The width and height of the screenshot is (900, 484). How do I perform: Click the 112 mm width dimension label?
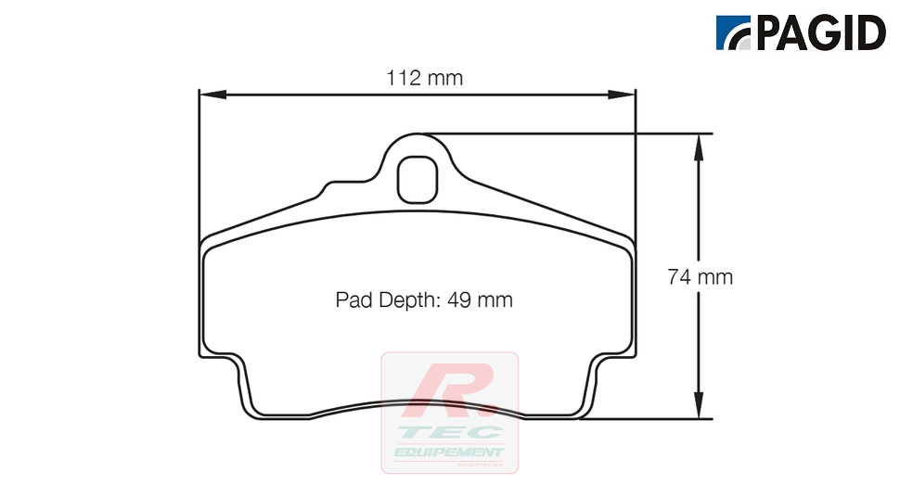424,79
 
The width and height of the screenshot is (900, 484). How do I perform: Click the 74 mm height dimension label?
701,276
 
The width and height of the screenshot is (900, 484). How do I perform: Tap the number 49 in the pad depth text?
458,300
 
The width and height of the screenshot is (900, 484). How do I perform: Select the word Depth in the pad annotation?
405,300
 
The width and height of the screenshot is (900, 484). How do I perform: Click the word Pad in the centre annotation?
353,300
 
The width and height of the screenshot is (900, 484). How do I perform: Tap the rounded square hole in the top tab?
417,178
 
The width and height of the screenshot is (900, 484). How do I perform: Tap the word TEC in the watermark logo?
455,432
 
